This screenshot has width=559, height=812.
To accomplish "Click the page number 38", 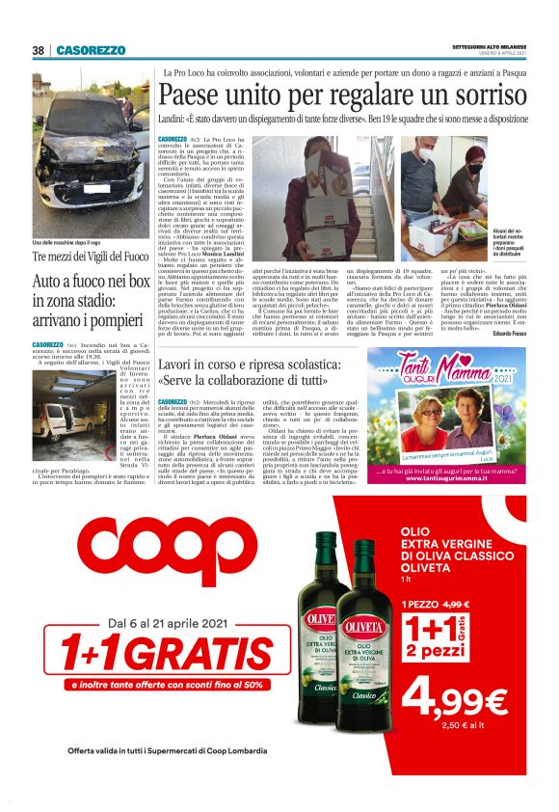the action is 39,50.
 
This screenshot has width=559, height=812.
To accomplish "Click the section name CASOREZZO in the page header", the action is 91,50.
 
